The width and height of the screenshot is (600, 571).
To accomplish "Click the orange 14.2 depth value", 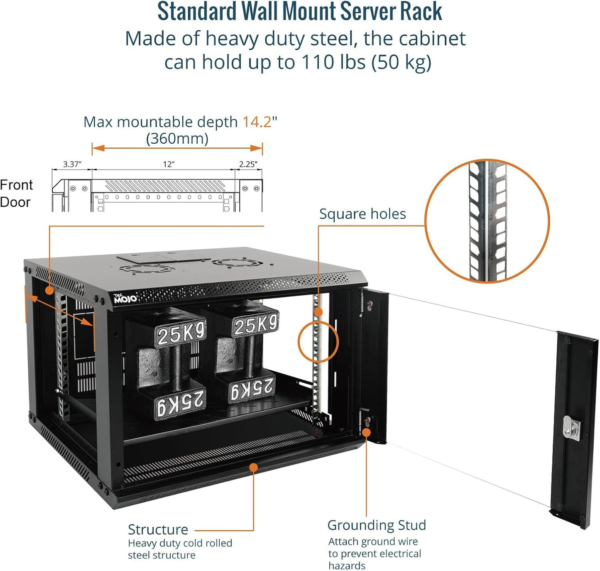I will [x=257, y=122].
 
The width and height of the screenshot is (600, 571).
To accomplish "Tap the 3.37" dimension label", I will [x=72, y=164].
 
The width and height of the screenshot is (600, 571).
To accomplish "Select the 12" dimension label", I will [x=168, y=164].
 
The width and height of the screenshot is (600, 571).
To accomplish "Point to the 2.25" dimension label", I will [x=248, y=164].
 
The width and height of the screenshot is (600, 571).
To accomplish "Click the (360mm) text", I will [x=177, y=138].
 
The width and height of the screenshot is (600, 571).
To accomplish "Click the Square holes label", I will [x=362, y=214].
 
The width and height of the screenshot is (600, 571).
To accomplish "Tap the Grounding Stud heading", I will [x=376, y=525].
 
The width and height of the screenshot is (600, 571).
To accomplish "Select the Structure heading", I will [x=158, y=529].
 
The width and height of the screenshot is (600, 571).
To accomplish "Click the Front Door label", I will [x=16, y=194].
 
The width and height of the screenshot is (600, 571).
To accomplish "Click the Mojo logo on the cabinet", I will [x=125, y=298].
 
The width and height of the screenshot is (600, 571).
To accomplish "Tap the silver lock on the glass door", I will [x=572, y=427].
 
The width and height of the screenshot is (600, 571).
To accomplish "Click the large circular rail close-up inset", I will [x=487, y=221].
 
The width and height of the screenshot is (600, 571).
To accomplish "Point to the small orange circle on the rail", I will [x=318, y=342].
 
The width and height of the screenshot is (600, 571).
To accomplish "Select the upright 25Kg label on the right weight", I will [x=255, y=324].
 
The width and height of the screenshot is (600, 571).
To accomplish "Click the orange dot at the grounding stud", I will [x=366, y=432].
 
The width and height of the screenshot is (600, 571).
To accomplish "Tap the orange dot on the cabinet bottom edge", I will [x=253, y=467].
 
